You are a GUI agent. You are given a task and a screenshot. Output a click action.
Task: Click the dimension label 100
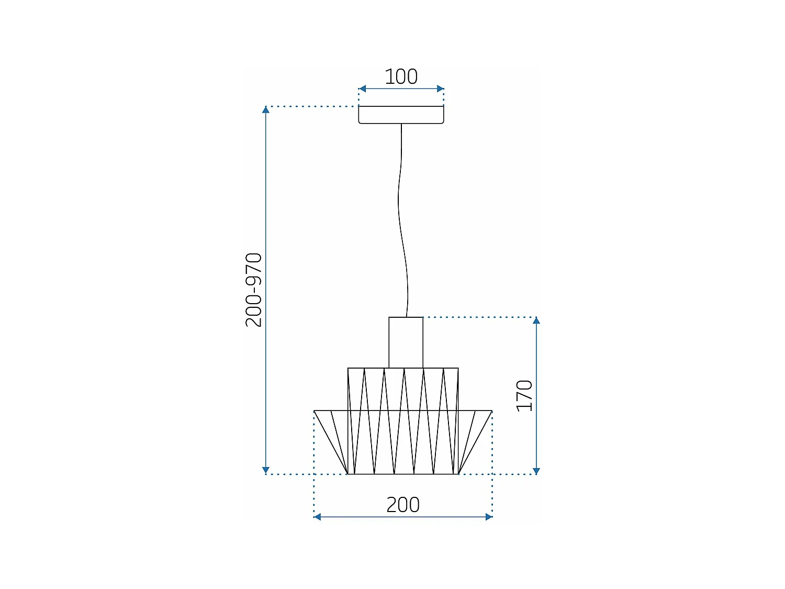point(401,77)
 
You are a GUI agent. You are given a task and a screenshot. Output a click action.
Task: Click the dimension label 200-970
point(254,290)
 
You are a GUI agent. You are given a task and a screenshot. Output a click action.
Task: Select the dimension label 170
point(524,396)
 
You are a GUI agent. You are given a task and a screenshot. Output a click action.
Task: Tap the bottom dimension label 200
point(402,505)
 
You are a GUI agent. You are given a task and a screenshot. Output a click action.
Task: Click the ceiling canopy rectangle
point(401,115)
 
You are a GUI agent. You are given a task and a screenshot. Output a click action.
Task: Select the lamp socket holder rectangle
point(406,342)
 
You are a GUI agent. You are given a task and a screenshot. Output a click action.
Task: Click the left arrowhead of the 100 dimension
point(362,89)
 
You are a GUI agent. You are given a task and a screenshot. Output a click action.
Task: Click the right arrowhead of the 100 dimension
point(440,89)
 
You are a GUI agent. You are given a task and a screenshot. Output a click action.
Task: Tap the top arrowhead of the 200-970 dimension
point(266,110)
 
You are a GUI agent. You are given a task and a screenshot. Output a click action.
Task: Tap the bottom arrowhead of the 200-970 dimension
point(266,470)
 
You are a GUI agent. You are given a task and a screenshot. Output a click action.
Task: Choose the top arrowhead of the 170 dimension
point(536,321)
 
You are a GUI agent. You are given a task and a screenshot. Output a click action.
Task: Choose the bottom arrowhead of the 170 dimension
point(536,470)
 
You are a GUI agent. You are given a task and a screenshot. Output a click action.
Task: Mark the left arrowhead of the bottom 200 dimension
point(317,517)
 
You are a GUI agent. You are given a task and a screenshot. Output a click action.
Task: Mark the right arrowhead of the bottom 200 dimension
point(489,517)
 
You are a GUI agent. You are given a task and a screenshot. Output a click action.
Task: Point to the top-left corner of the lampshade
point(348,368)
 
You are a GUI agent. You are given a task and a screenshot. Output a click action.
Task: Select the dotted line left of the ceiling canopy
point(312,106)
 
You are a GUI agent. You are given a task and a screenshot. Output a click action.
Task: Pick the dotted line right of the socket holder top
point(479,317)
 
